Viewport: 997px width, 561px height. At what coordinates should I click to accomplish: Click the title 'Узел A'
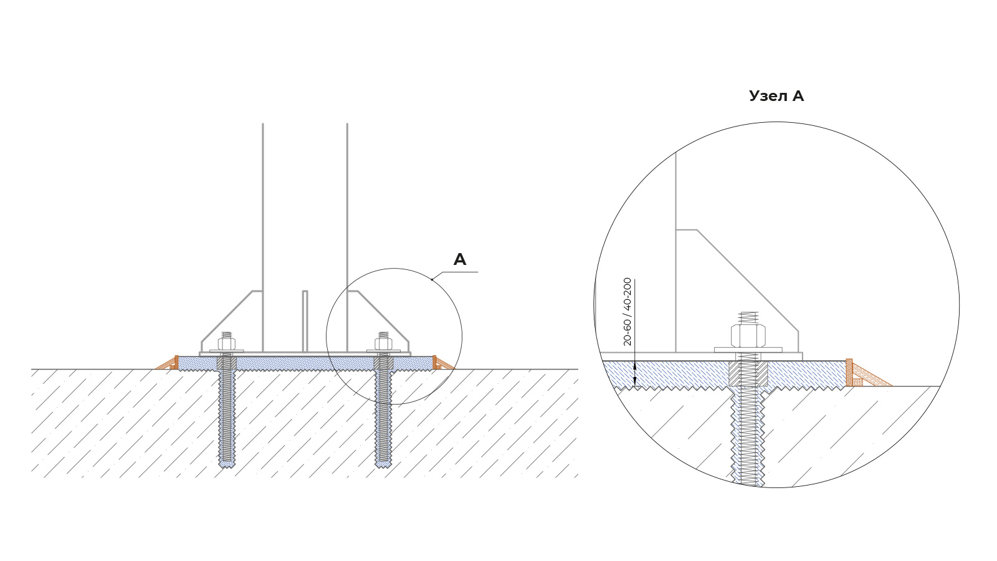[776, 96]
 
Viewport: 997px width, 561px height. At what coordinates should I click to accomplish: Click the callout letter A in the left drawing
[459, 259]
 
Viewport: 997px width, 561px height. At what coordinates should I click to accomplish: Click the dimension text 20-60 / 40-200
[627, 311]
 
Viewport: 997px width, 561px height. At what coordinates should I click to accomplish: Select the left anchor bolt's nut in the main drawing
[226, 343]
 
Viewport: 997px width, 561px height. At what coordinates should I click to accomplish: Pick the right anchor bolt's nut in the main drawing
[382, 343]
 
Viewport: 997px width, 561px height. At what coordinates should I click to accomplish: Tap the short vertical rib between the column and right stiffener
[305, 321]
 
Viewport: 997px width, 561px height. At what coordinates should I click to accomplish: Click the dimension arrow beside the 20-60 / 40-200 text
[634, 374]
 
